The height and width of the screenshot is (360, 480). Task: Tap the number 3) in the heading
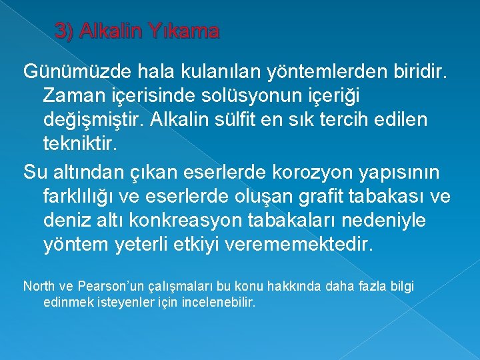[65, 31]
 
